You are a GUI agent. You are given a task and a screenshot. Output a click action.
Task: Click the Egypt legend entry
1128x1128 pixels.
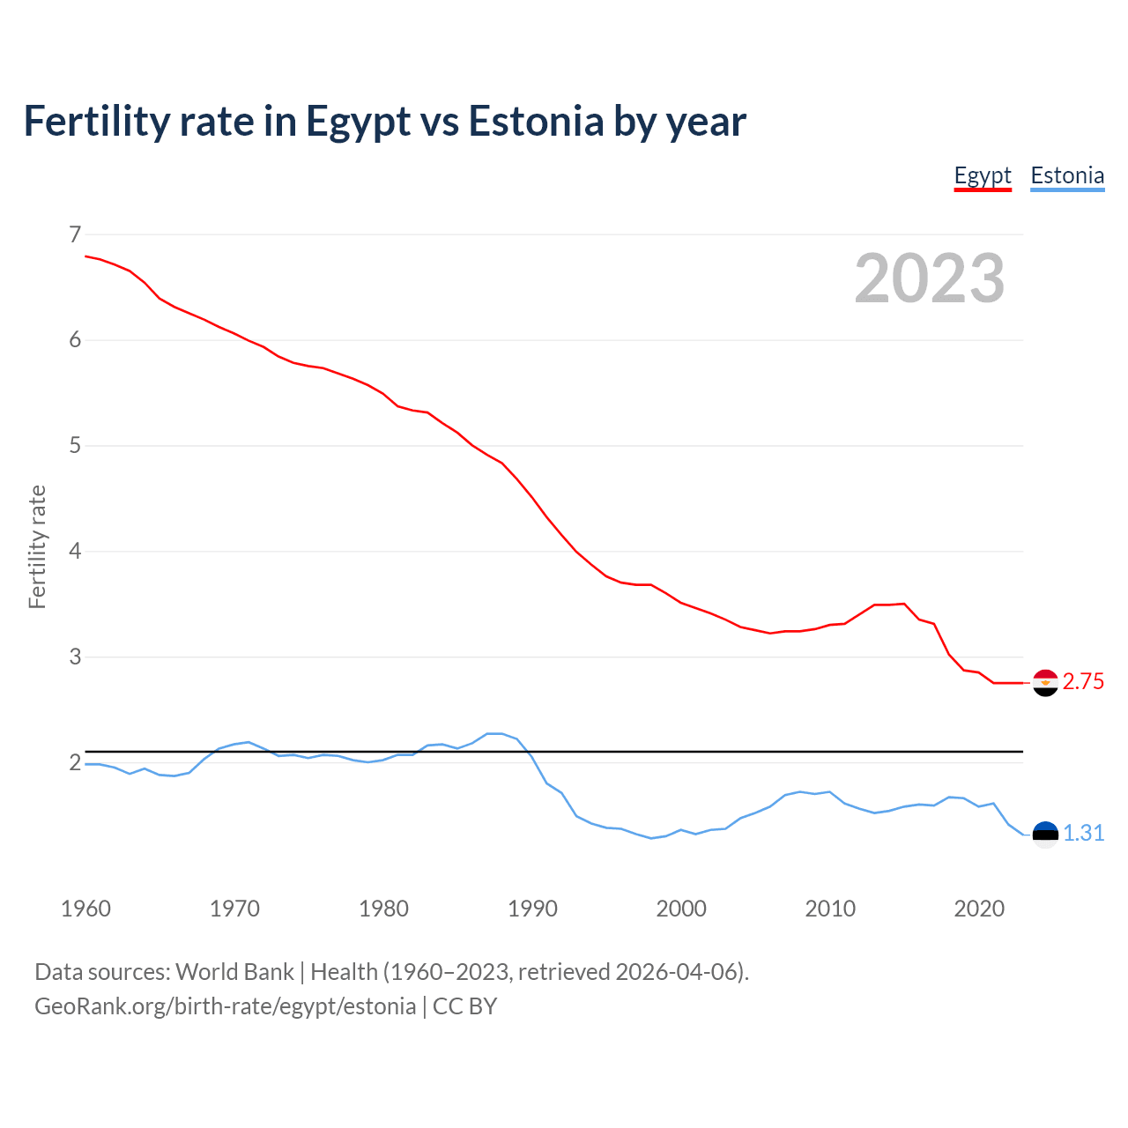[983, 176]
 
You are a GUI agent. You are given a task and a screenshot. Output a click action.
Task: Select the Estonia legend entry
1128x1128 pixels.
[1067, 176]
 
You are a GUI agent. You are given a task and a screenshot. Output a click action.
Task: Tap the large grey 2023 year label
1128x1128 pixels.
[929, 278]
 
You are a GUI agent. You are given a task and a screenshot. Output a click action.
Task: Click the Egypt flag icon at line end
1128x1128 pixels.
[1045, 683]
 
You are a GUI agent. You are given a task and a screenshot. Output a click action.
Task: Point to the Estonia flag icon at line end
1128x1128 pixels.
[1045, 834]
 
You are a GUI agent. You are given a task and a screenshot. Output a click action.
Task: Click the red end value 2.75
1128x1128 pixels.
[1083, 682]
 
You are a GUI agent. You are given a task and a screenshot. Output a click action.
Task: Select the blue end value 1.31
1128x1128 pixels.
[1083, 834]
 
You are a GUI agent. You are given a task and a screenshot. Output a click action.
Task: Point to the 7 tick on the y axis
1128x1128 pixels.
[74, 234]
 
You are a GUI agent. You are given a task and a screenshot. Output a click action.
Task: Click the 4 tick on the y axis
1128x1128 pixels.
[74, 552]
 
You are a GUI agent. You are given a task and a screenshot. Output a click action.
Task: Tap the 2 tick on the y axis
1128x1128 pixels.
[74, 763]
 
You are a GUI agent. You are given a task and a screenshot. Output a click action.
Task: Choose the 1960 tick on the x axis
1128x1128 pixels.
[85, 909]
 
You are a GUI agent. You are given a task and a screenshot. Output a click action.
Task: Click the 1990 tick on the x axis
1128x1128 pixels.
[532, 909]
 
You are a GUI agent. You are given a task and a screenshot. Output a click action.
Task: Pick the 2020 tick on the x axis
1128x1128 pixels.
[979, 909]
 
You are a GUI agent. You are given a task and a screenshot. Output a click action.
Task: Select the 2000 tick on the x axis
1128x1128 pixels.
[681, 909]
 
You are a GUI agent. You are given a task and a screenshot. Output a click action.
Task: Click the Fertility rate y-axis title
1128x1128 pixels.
[37, 546]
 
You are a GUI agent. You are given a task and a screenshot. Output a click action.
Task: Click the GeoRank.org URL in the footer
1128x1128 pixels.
[225, 1006]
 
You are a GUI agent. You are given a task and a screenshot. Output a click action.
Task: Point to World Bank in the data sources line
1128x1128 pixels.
[234, 972]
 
